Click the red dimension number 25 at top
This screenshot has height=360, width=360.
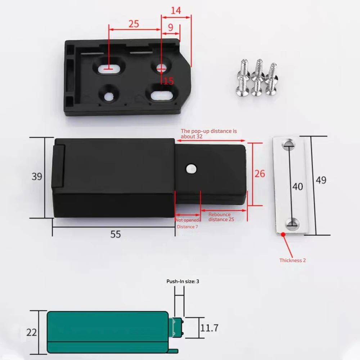tap(134, 24)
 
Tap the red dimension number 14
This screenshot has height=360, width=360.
tap(176, 10)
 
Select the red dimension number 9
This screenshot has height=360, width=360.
tap(170, 27)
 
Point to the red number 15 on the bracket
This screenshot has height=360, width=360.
tap(168, 81)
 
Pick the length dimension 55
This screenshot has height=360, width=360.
tap(115, 234)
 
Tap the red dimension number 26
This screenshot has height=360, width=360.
tap(260, 174)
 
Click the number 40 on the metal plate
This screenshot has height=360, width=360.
tap(297, 186)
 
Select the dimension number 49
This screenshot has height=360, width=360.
tap(321, 180)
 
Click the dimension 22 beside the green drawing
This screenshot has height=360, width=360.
tap(32, 332)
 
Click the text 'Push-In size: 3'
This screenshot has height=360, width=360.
tap(183, 282)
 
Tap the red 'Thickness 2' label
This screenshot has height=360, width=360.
tap(292, 260)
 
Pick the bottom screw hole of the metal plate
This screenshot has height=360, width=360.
tap(291, 225)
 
